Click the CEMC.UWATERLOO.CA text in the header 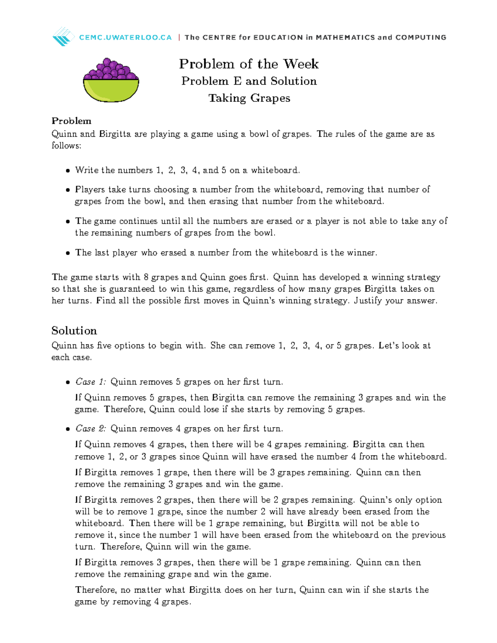(125, 37)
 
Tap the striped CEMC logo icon (63, 36)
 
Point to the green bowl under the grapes (111, 90)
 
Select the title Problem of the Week (248, 64)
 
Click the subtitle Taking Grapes (249, 98)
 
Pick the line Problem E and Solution (249, 81)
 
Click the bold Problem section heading (71, 121)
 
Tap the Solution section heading (74, 330)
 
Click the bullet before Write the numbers (68, 171)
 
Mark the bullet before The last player (68, 253)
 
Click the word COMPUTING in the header (421, 37)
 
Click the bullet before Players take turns (68, 190)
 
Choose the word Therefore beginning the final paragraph (96, 590)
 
